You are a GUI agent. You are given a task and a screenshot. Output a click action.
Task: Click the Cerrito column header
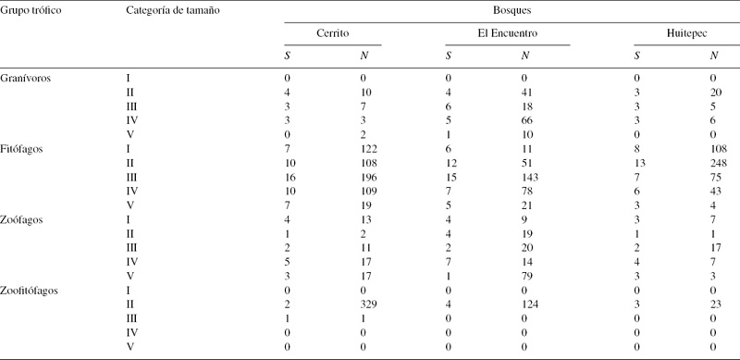click(332, 33)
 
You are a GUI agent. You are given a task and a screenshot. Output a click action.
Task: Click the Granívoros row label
click(30, 78)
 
